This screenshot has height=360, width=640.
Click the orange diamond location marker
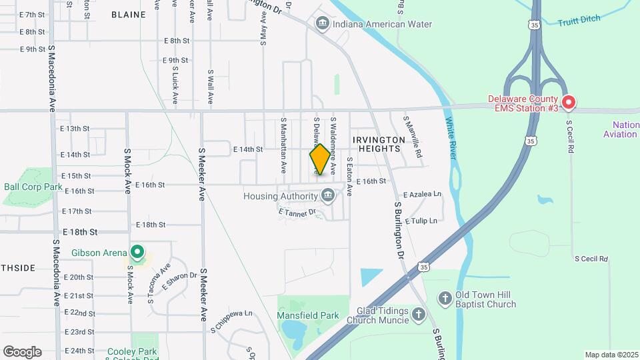(320, 160)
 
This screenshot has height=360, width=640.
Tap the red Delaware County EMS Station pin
(569, 103)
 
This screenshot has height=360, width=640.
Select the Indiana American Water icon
(323, 25)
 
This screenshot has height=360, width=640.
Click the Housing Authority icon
(327, 196)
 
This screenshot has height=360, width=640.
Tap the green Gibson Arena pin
(137, 252)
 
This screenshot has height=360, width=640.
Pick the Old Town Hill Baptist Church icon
(445, 297)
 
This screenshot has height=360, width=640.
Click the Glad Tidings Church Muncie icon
(418, 314)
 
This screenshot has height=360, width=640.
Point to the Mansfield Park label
(308, 315)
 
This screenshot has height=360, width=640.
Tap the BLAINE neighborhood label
(128, 14)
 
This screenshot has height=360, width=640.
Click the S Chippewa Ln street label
(231, 312)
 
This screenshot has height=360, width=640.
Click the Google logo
(23, 351)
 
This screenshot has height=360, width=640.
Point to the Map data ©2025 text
(610, 355)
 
